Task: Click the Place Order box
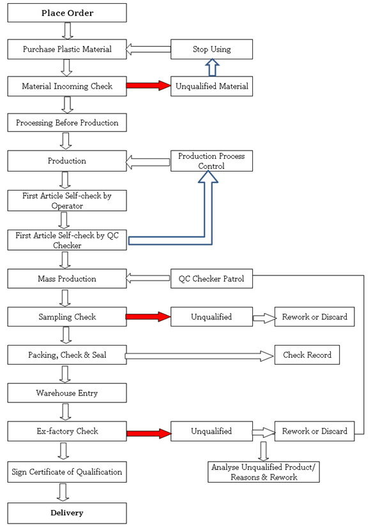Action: point(67,13)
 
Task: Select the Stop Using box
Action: point(211,49)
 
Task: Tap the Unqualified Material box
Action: point(211,86)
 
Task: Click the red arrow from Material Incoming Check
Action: point(149,85)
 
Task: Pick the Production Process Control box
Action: point(211,161)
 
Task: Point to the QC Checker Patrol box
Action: point(211,279)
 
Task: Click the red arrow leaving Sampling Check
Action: point(148,316)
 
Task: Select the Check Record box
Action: point(307,355)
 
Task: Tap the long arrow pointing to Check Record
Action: point(199,356)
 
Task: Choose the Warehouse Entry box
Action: point(67,393)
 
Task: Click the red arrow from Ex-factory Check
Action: point(149,434)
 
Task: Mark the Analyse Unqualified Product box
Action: point(264,472)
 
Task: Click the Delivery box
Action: point(67,513)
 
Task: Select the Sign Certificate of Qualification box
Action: point(67,472)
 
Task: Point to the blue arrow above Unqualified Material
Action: point(212,68)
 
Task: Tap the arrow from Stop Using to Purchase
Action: point(148,49)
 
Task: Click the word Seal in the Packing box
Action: point(99,355)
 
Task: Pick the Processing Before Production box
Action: point(67,122)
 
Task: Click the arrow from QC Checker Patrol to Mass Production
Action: point(148,278)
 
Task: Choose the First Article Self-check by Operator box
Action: point(67,201)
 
